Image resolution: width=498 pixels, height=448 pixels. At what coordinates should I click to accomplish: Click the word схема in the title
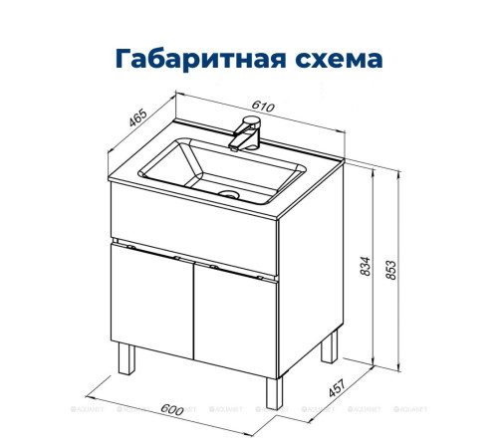(x=336, y=58)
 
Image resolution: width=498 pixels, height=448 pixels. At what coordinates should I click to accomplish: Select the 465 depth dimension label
(x=139, y=119)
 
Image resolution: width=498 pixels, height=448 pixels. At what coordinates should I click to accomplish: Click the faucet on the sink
(x=245, y=131)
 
